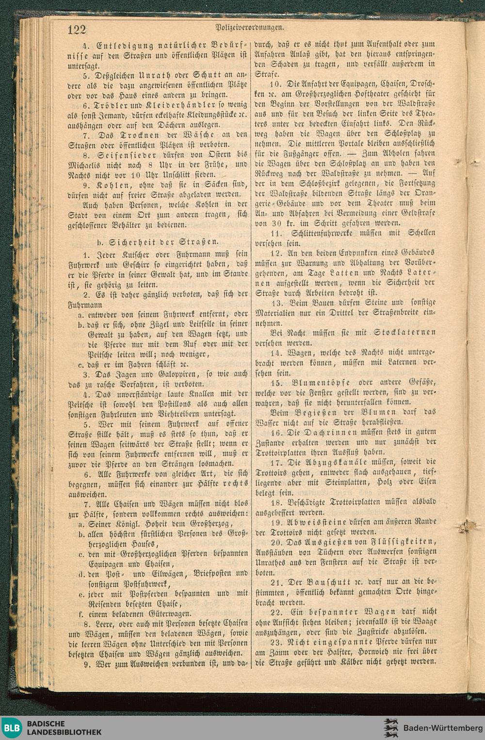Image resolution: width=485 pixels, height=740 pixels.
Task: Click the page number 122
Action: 77,30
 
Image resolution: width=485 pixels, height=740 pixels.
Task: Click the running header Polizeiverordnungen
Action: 249,28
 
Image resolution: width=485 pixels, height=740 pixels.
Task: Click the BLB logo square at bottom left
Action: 12,728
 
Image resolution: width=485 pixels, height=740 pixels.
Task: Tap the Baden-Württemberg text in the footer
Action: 443,728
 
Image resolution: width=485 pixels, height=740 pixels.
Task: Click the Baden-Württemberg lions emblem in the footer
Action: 390,728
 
